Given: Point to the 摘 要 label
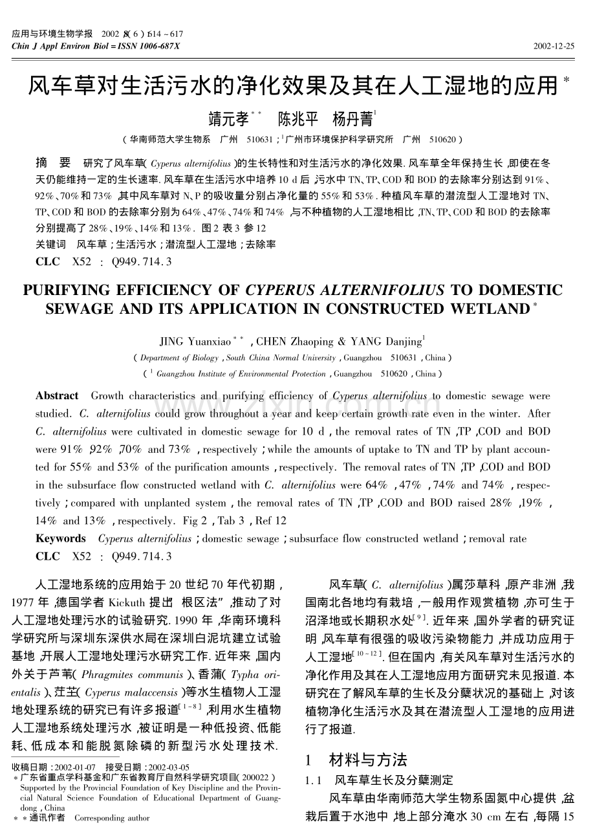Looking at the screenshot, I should coord(52,161).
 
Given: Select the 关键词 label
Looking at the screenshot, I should coord(50,245).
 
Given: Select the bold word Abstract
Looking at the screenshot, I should coord(57,395).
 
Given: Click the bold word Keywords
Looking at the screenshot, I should coord(60,538).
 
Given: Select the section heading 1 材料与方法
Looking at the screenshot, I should coord(356,760).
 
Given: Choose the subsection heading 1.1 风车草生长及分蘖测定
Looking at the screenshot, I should coord(379,781).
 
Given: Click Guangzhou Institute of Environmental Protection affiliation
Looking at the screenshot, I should coord(241,374).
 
